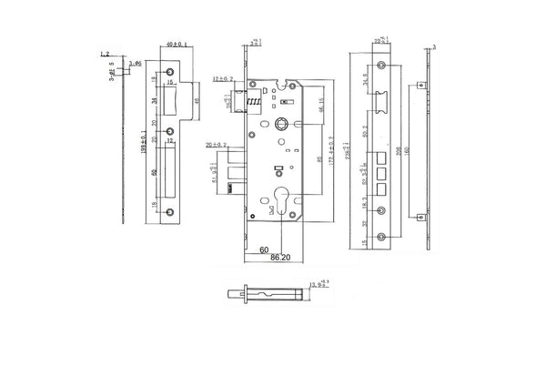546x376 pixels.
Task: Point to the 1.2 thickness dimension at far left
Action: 106,55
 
